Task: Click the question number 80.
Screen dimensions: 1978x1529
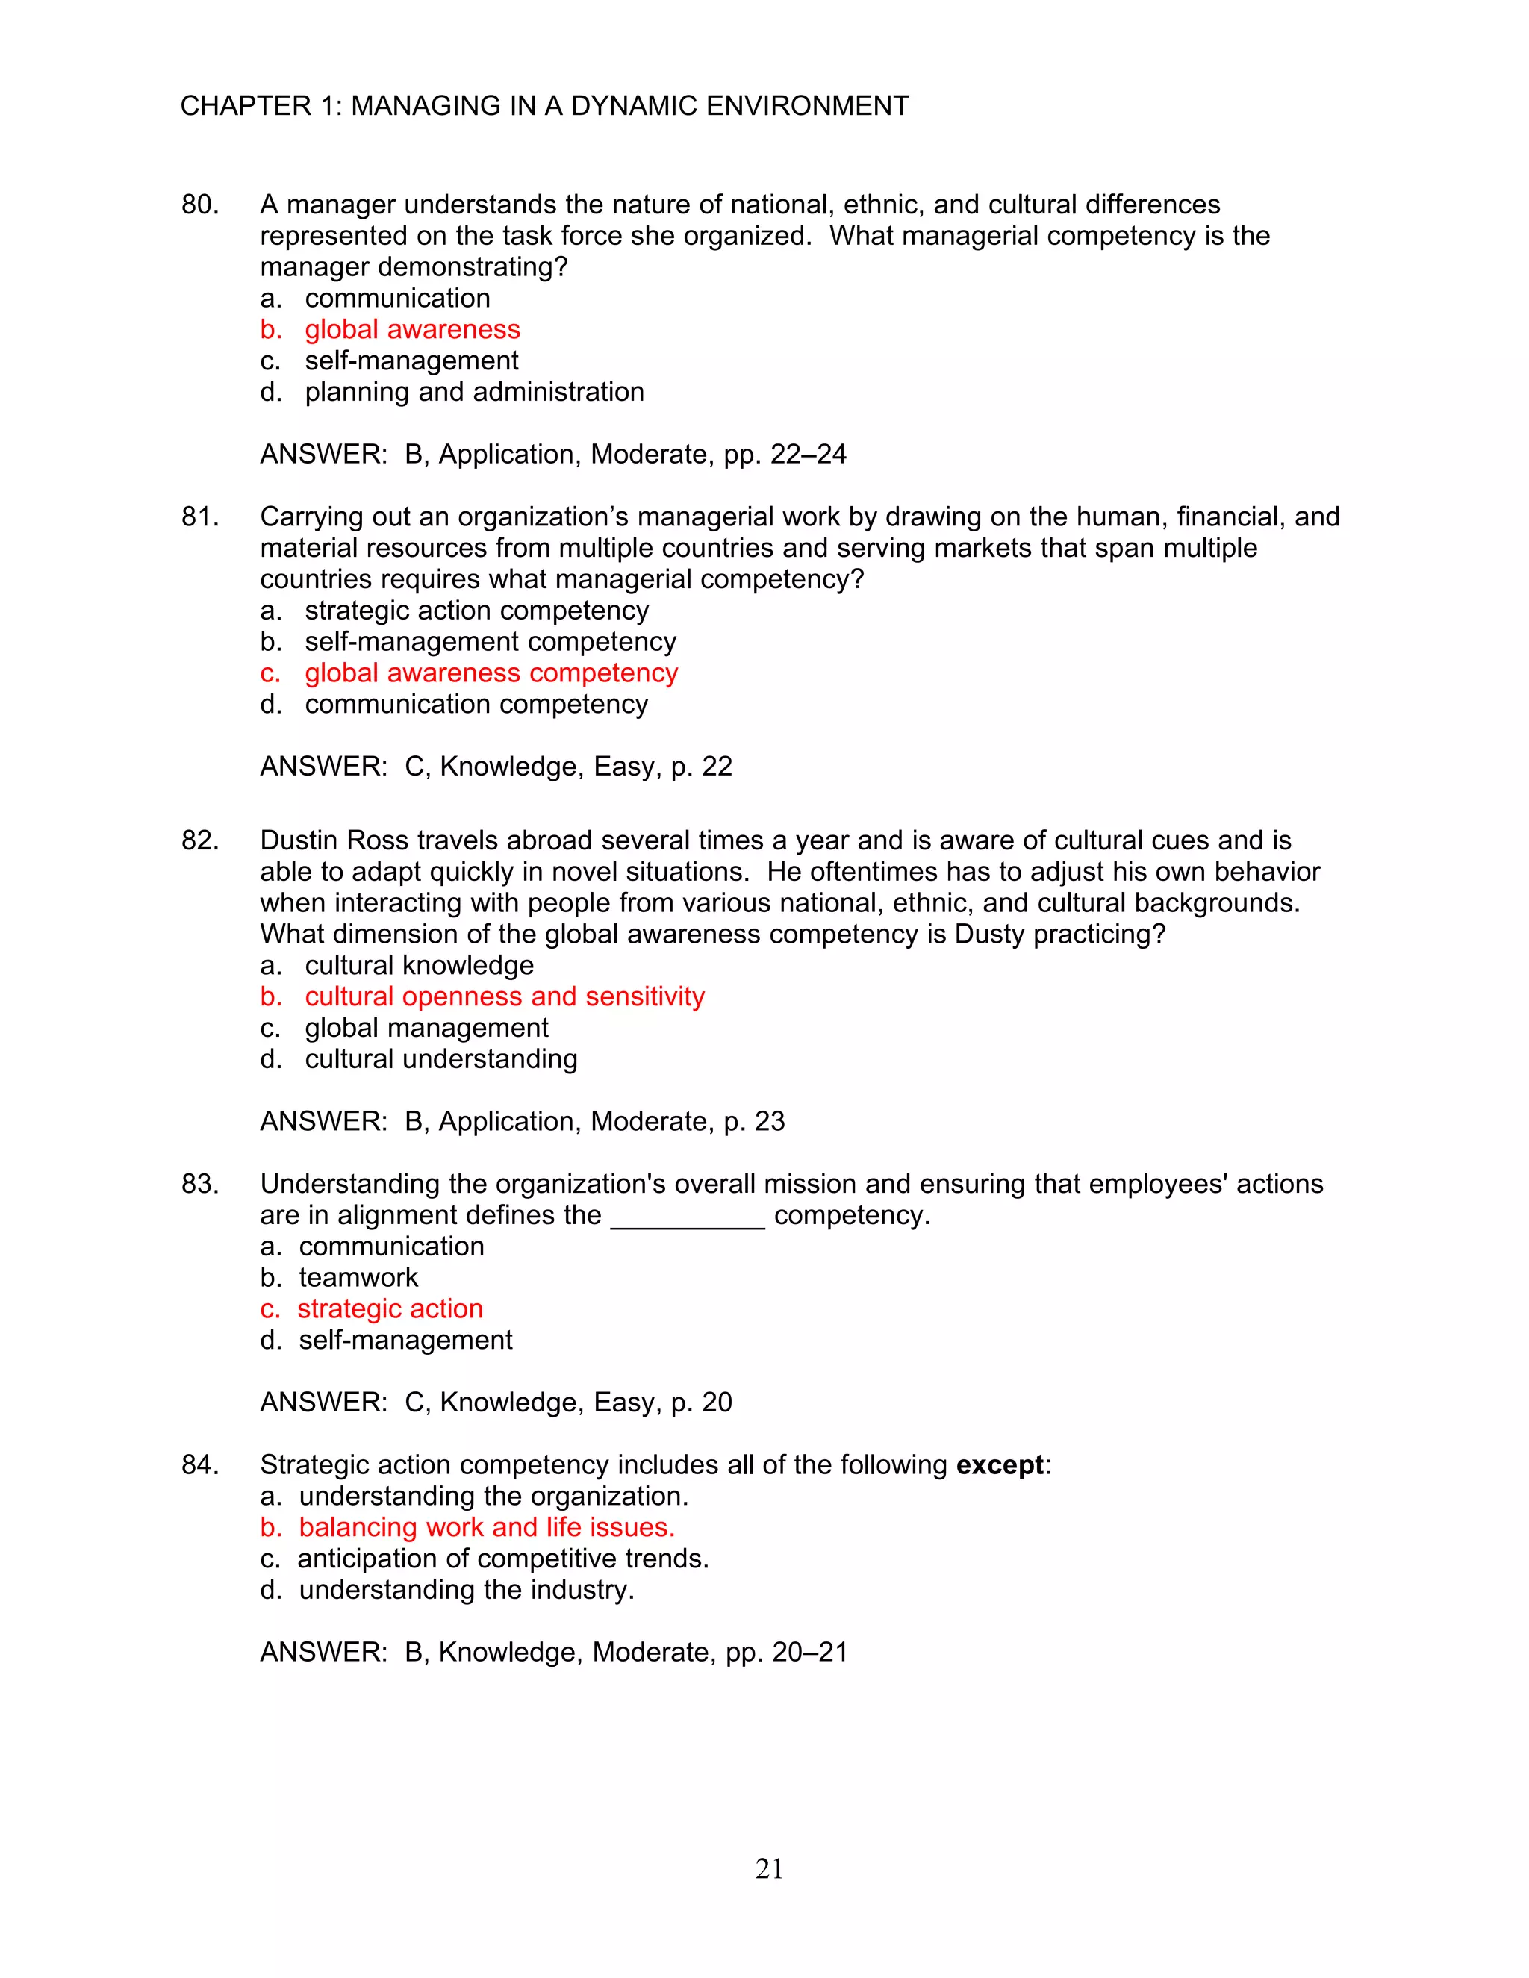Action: tap(199, 205)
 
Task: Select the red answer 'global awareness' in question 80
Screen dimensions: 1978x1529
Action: tap(412, 330)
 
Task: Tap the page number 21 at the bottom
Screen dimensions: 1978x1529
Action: tap(769, 1868)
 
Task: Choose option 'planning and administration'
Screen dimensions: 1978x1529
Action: tap(474, 392)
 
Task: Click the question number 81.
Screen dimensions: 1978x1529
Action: tap(199, 517)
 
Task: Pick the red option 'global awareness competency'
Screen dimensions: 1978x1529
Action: tap(491, 673)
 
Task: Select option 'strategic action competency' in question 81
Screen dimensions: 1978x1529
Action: tap(476, 611)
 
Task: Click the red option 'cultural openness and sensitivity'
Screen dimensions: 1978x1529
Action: tap(505, 996)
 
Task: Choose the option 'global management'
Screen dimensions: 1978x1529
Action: tap(426, 1028)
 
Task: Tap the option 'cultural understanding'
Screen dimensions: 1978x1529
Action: tap(440, 1058)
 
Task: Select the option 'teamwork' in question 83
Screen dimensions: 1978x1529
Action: tap(358, 1278)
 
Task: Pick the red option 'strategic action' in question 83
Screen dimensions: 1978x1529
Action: tap(390, 1308)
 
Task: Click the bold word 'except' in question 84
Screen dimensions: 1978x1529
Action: tap(1000, 1465)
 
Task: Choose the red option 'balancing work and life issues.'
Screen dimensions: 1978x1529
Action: tap(487, 1528)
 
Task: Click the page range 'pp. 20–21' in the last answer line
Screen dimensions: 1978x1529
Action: tap(786, 1652)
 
